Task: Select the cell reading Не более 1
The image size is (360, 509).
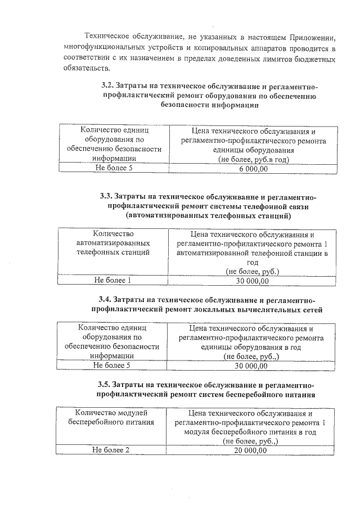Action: (x=112, y=280)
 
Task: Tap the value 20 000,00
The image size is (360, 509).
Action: (x=250, y=451)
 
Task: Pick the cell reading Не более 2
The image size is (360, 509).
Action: (x=111, y=451)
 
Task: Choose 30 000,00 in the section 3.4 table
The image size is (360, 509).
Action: (x=251, y=366)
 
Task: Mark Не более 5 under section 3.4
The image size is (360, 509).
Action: (x=112, y=366)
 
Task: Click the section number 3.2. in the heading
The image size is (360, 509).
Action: (x=107, y=86)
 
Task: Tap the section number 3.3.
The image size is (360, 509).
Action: (x=106, y=196)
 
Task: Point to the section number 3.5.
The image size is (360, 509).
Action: (x=105, y=384)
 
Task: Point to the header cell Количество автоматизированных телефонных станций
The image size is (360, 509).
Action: (x=112, y=244)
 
